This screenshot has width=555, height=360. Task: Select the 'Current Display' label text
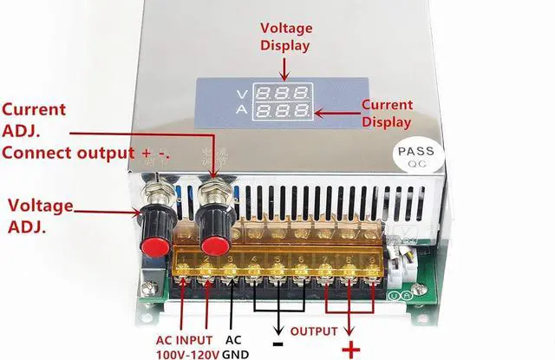[x=387, y=114]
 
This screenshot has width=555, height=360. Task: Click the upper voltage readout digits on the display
[x=287, y=94]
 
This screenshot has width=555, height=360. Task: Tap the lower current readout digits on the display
[x=287, y=111]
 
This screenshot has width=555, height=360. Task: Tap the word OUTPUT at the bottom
[x=313, y=331]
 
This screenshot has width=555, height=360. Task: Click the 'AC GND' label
[x=234, y=346]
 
